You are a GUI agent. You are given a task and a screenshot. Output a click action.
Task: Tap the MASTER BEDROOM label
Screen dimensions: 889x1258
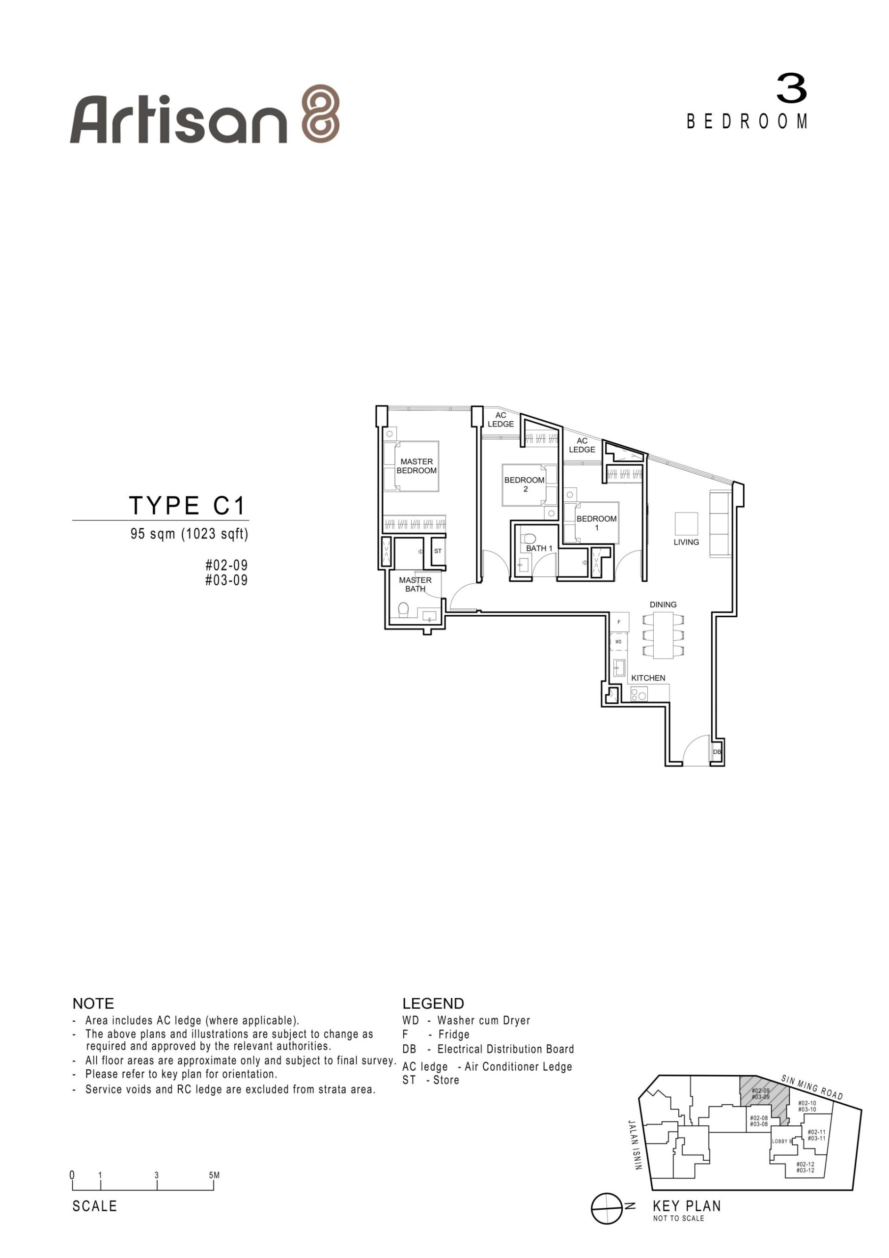[417, 466]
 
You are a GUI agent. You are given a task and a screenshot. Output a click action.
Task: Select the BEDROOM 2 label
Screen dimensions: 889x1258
[524, 485]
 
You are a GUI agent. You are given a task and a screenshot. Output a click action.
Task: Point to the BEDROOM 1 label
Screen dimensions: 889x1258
[596, 523]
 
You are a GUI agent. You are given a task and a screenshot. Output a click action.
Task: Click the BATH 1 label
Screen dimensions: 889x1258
[539, 548]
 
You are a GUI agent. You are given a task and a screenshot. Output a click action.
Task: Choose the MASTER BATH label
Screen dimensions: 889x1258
[415, 584]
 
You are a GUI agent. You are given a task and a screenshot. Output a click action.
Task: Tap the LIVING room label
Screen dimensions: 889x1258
[686, 542]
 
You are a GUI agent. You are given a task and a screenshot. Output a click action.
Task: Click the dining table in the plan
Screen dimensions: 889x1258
[664, 635]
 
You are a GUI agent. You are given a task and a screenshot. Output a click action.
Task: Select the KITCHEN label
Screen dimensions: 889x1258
[648, 678]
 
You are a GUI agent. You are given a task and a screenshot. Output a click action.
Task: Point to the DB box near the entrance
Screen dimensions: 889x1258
[717, 752]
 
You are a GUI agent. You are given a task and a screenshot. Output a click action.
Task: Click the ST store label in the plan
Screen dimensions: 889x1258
[438, 551]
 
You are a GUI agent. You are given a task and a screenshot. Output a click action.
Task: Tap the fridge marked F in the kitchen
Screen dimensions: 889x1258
[619, 622]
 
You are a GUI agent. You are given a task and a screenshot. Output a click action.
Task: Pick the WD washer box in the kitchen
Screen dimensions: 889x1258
[618, 642]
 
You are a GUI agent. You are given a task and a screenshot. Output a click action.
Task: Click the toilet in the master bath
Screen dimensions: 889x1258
[404, 609]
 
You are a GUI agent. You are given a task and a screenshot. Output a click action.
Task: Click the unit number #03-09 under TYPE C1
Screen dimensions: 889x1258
[226, 580]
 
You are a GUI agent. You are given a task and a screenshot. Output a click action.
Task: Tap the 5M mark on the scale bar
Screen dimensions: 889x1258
[214, 1175]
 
